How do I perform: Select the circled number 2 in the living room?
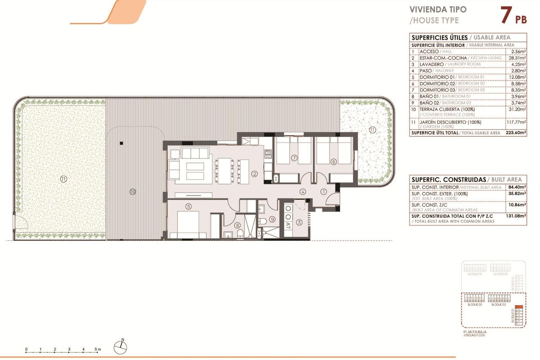tap(254, 174)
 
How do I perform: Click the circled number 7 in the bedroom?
tap(294, 157)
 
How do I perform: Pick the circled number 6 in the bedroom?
tap(333, 162)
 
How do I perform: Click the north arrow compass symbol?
tap(121, 346)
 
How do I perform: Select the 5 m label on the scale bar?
tap(99, 349)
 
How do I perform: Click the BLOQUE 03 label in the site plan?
tap(474, 305)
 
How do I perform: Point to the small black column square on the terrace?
tap(121, 144)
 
